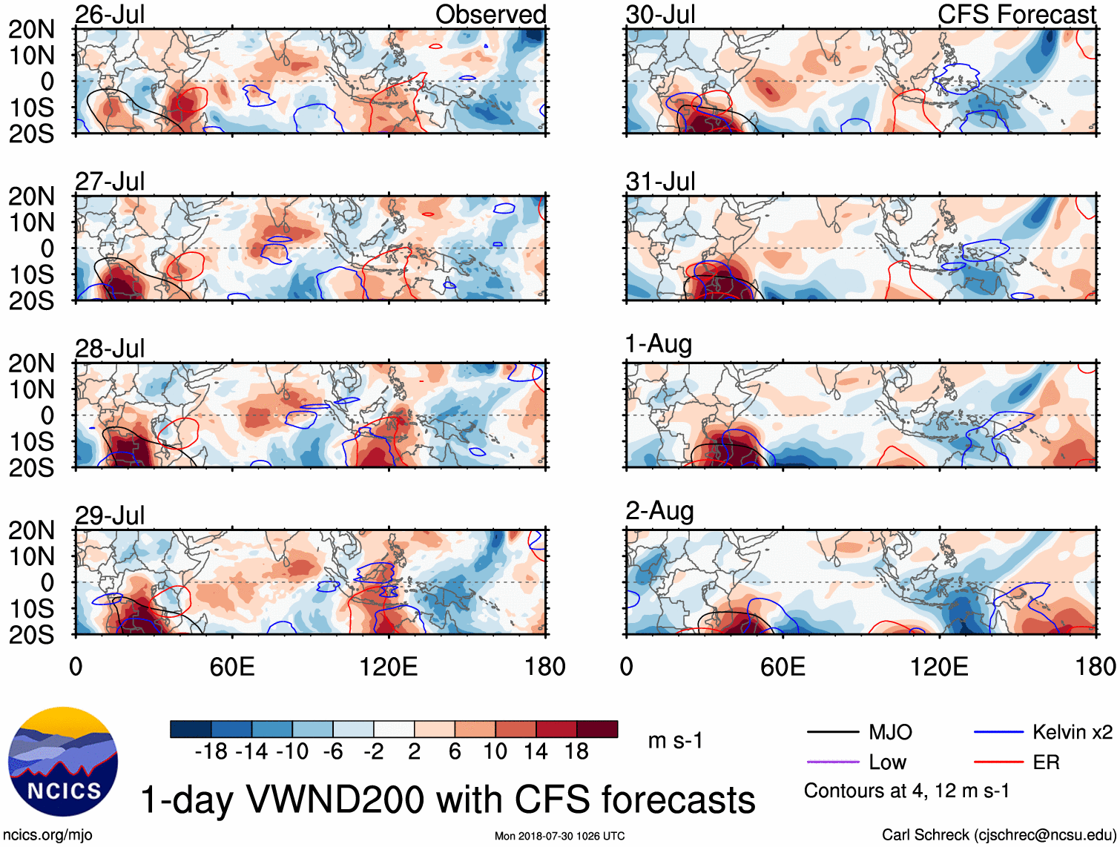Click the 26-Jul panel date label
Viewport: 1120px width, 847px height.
click(x=110, y=15)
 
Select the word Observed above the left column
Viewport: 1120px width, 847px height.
click(x=490, y=15)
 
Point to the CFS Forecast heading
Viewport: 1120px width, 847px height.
click(x=1016, y=15)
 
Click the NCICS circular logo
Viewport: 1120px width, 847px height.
click(x=63, y=762)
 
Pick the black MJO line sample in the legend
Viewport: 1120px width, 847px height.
click(x=832, y=733)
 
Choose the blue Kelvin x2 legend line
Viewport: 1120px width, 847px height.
click(x=998, y=733)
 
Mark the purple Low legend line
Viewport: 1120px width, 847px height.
click(x=832, y=762)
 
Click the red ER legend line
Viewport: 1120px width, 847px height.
click(x=998, y=762)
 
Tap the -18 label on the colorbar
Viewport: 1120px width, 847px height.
click(x=211, y=752)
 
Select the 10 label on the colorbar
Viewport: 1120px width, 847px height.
click(x=495, y=752)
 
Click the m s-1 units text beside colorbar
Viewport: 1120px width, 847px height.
click(x=675, y=741)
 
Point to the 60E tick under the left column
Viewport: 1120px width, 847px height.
click(x=232, y=667)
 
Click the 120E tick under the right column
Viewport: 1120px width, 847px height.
click(x=939, y=667)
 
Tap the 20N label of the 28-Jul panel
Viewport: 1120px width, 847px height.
click(x=31, y=363)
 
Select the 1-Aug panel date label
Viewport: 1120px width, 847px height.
click(x=659, y=344)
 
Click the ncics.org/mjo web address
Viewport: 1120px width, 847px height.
click(x=47, y=835)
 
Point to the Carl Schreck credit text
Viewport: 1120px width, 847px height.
click(x=998, y=835)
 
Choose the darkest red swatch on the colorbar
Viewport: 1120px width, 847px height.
click(x=597, y=729)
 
